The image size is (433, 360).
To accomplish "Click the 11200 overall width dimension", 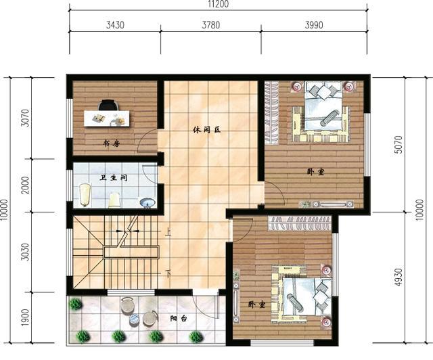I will coord(217,4).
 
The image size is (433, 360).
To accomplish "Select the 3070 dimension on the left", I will coord(25,118).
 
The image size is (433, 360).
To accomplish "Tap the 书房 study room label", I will coord(111,143).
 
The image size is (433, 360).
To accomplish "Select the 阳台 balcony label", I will coord(179,317).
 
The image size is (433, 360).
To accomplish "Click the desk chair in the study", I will coord(108,105).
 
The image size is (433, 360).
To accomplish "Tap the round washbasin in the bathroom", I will coord(147,202).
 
